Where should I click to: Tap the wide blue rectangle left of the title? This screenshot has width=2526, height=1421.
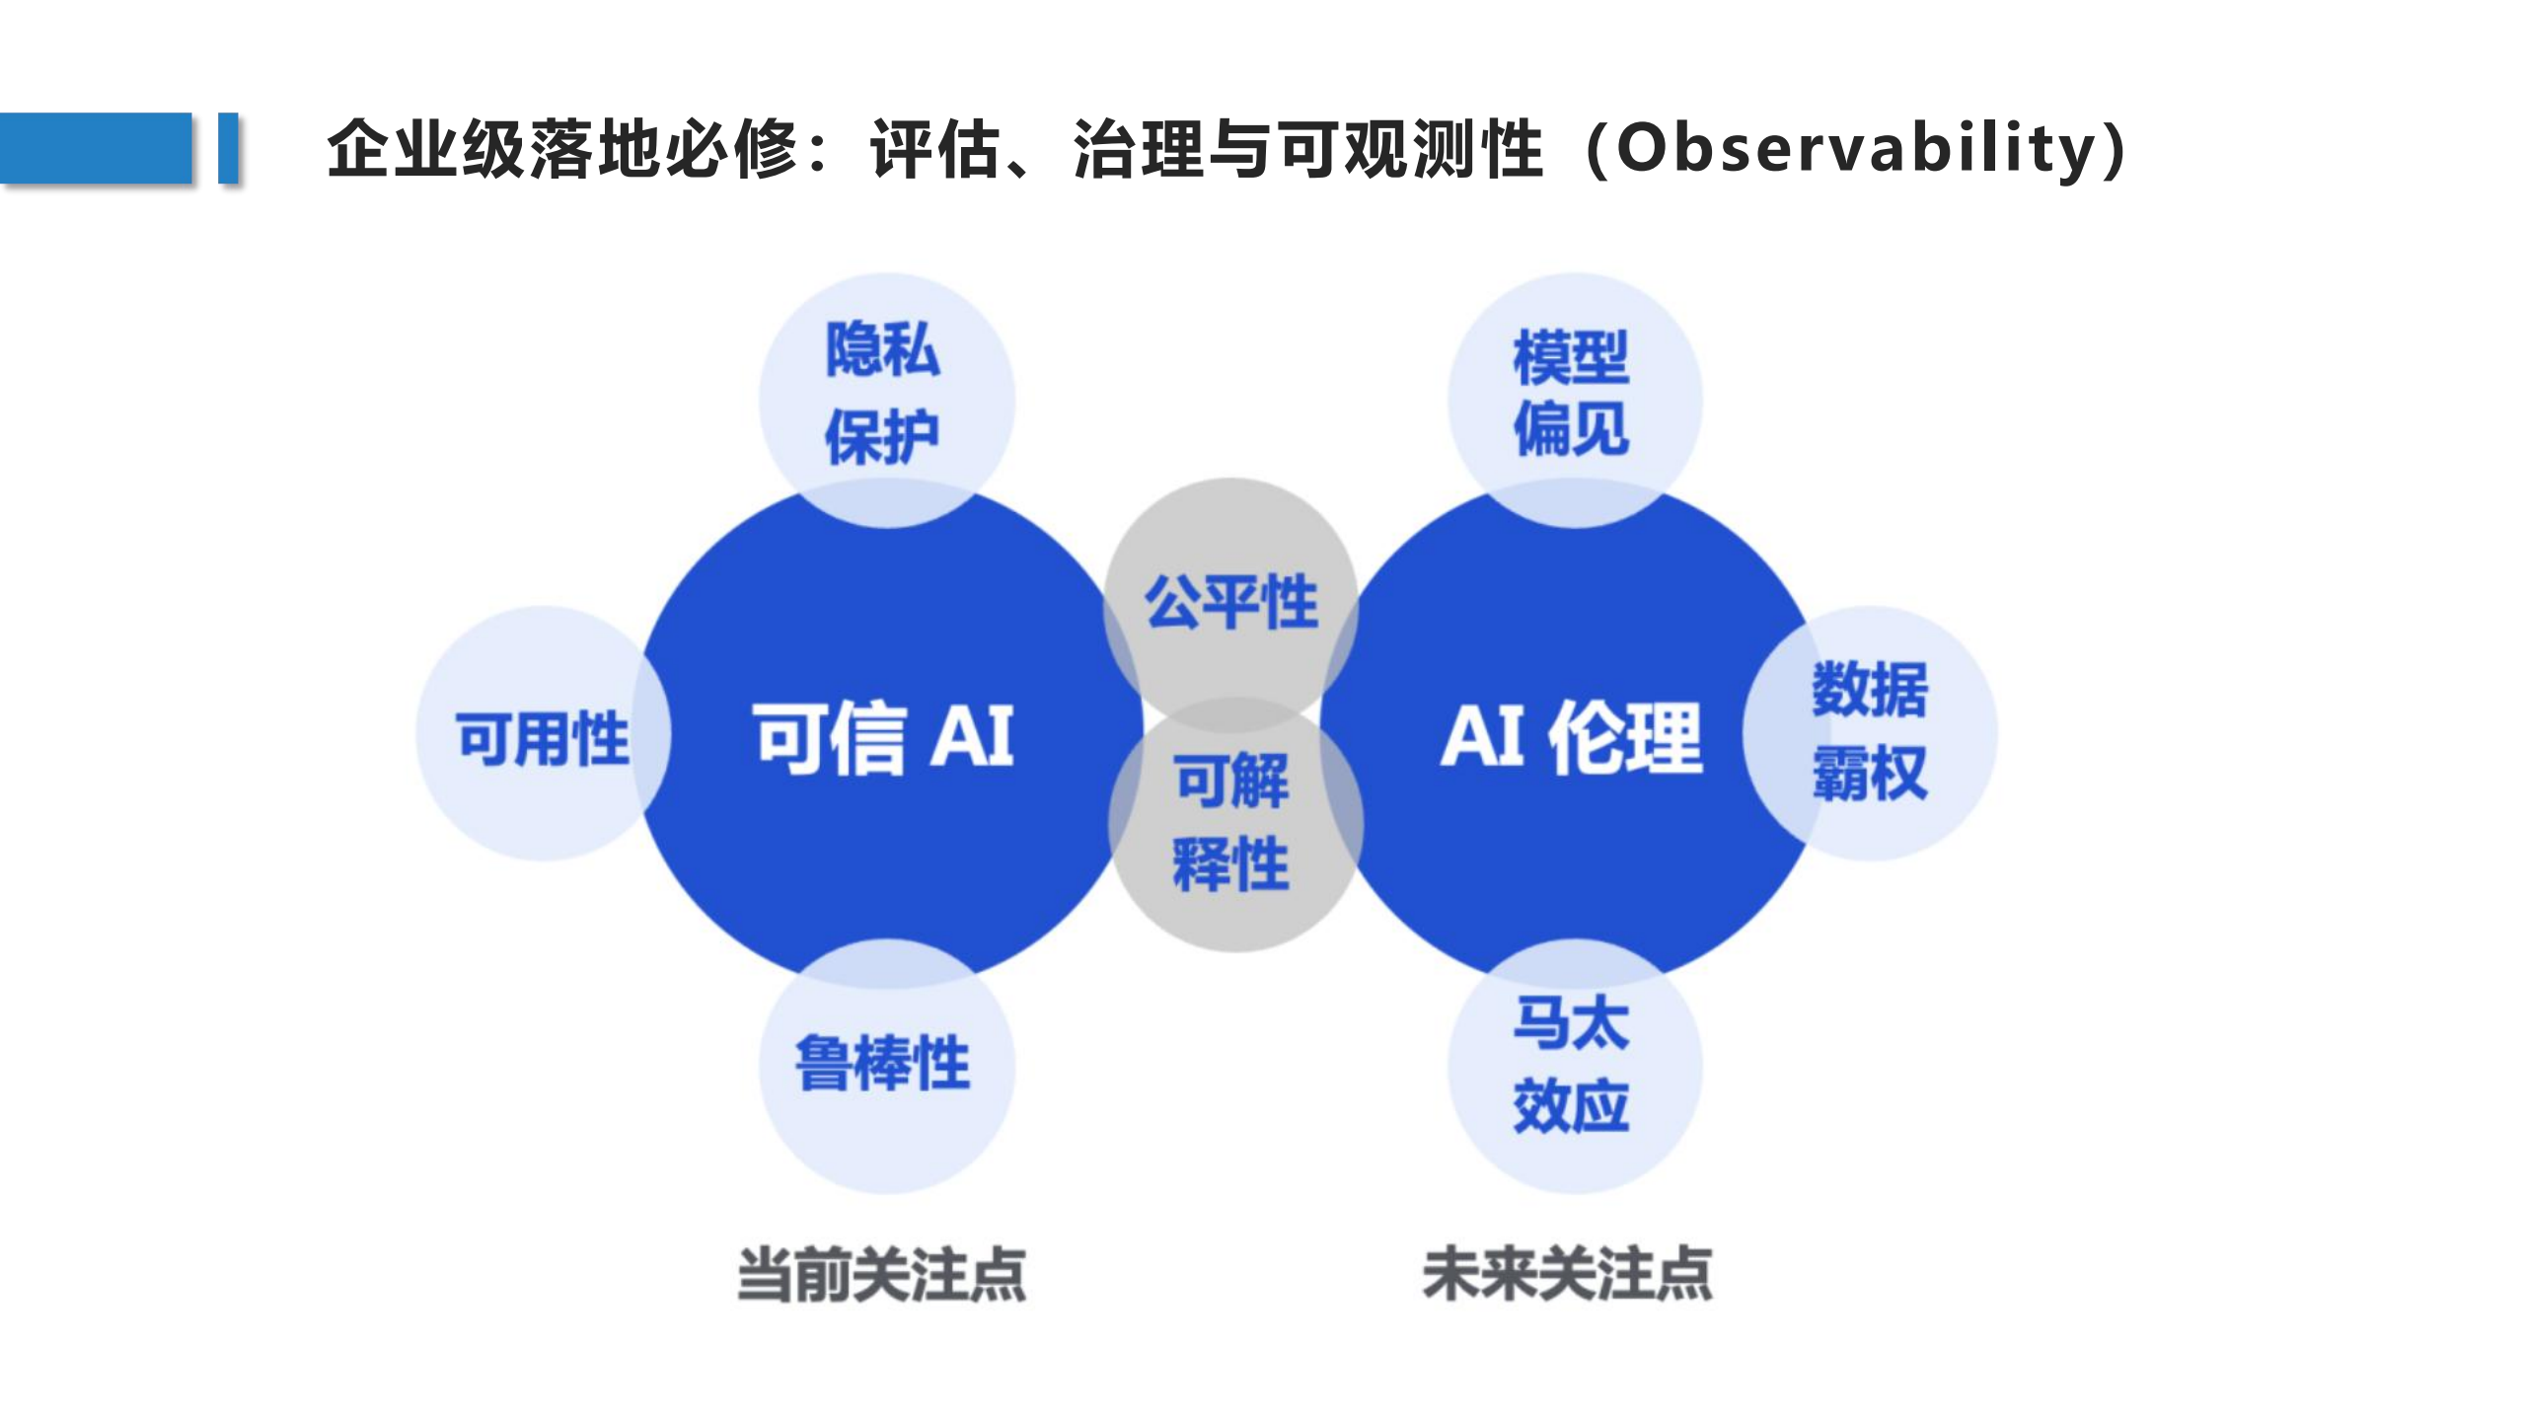pos(96,148)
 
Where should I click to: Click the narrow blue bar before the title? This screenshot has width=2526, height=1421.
pos(228,148)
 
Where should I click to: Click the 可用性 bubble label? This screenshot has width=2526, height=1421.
pos(542,738)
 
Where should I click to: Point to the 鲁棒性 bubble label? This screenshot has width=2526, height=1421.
pos(883,1064)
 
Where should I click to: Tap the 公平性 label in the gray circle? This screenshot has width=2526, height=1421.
pos(1230,602)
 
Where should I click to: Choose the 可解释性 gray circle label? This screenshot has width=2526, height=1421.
pos(1231,822)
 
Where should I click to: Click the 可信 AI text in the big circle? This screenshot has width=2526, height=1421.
pos(883,737)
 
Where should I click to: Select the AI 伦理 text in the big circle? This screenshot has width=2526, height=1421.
pos(1571,737)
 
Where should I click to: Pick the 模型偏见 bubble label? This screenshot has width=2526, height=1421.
pos(1571,393)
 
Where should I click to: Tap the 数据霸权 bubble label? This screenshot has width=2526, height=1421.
pos(1869,731)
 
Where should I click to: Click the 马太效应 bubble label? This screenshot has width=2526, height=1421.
pos(1571,1064)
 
